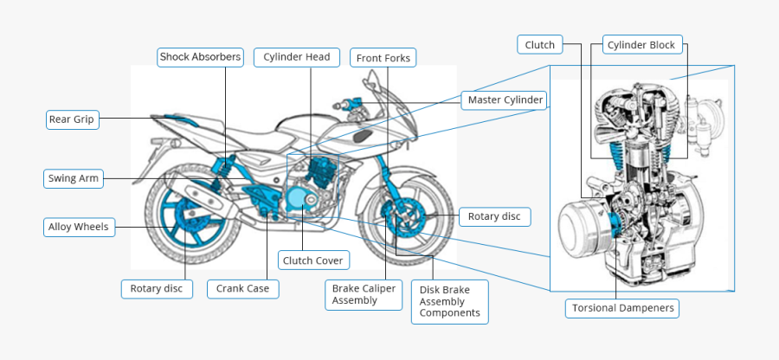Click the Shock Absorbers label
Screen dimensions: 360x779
(x=200, y=57)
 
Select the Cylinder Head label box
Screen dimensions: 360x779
(x=297, y=57)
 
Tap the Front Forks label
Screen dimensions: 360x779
(x=384, y=58)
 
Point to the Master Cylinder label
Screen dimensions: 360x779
(x=505, y=100)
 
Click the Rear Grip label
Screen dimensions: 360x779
(x=72, y=119)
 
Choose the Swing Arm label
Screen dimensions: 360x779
(x=74, y=179)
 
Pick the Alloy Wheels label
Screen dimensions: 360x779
(x=79, y=227)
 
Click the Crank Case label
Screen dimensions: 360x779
(x=242, y=288)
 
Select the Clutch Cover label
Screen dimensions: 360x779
(x=312, y=260)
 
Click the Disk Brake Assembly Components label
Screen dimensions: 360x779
(x=448, y=301)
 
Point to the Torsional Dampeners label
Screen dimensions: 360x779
(x=622, y=307)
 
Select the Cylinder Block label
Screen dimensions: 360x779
(x=641, y=45)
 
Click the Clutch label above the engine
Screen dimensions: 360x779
(x=540, y=44)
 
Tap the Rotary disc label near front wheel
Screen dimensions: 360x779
(x=494, y=216)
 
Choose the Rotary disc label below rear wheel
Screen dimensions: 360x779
(x=157, y=288)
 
